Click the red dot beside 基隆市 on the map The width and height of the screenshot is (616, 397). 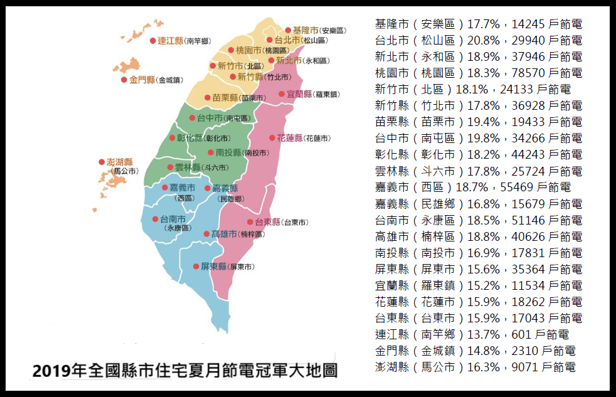(288, 30)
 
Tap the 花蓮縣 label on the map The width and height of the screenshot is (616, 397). (290, 138)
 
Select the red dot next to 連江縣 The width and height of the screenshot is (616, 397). (152, 41)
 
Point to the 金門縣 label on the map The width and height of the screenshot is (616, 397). (142, 80)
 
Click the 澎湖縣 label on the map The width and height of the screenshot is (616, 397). (120, 162)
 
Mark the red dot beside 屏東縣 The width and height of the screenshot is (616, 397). (196, 267)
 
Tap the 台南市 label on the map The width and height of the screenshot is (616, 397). (173, 220)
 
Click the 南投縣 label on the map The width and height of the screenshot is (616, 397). (229, 152)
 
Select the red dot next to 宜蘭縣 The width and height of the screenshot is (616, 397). (282, 94)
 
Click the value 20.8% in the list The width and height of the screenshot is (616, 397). (484, 41)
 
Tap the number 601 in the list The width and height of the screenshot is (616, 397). (523, 335)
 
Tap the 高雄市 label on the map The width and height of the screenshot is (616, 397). (224, 234)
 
